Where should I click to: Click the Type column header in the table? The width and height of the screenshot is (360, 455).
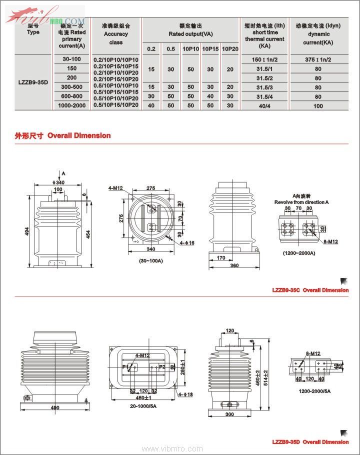[x=33, y=31]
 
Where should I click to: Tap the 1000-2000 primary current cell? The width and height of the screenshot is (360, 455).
[x=71, y=105]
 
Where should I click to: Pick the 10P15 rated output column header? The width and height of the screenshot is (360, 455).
[x=210, y=48]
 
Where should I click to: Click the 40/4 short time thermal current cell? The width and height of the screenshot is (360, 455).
[x=264, y=105]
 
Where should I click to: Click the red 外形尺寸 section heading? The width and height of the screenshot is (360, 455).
[x=29, y=135]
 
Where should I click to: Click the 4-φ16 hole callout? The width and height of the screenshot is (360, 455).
[x=187, y=243]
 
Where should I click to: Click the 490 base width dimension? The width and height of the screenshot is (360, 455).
[x=55, y=407]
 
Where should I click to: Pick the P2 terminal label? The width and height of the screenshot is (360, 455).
[x=162, y=366]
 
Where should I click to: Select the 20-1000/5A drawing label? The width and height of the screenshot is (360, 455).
[x=142, y=406]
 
